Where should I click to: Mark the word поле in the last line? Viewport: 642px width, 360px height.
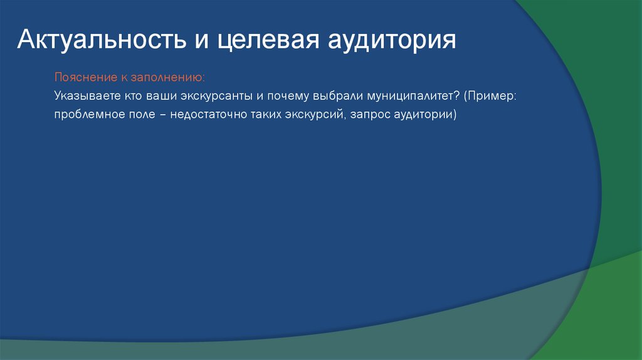click(139, 116)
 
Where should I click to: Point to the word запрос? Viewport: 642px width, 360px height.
click(364, 116)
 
